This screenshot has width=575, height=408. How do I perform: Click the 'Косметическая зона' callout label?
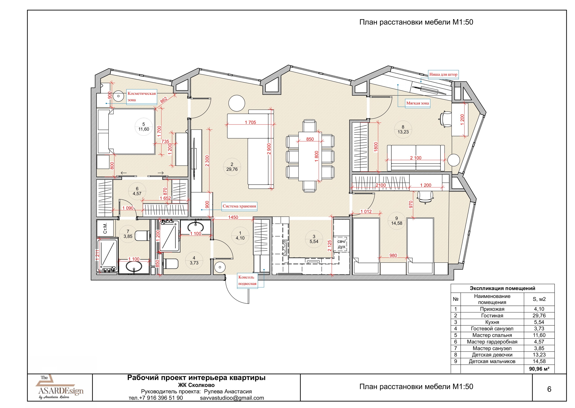coord(142,97)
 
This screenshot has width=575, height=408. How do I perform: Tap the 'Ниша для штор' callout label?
coord(443,75)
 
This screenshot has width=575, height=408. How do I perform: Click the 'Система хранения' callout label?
coord(239,206)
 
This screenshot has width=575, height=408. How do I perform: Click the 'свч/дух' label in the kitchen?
coord(341,244)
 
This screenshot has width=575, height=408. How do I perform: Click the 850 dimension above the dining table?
coord(310,139)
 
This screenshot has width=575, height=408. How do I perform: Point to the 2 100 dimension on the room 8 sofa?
coord(416,158)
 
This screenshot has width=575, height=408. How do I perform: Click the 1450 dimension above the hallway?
coord(233,217)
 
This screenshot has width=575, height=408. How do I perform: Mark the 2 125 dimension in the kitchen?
coord(330,246)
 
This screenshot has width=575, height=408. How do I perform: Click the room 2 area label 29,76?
coord(232,169)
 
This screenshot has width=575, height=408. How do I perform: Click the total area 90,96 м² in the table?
coord(539,369)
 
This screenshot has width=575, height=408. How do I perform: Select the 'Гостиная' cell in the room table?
coord(492,316)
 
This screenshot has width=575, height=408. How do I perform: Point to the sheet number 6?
coord(549,389)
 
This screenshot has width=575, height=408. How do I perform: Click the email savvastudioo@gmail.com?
coord(232,398)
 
